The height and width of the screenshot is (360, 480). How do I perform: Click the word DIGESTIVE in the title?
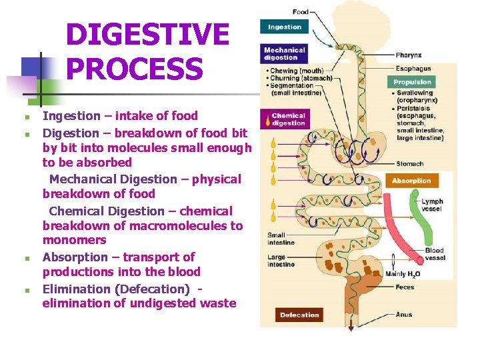point(147,35)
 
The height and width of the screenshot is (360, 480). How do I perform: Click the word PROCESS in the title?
point(135,69)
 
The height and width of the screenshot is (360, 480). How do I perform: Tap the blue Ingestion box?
point(285,27)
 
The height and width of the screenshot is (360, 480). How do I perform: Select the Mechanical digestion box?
point(285,53)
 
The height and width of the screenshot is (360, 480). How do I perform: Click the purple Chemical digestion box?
point(289,119)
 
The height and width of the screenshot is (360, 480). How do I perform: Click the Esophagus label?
point(413,68)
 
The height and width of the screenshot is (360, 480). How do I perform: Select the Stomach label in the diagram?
point(409,163)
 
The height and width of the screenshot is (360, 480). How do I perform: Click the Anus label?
point(404,314)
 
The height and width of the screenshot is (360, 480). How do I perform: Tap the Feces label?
point(405,287)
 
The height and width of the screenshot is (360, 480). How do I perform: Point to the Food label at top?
point(301,11)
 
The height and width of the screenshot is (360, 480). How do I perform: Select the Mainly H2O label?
point(403,274)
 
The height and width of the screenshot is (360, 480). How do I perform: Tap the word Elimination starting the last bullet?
point(74,289)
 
